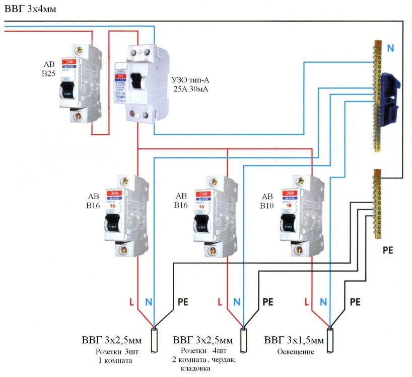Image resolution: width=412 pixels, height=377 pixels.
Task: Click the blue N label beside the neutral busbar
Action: coord(391,48)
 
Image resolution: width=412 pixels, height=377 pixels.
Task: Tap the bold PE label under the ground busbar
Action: coord(388,249)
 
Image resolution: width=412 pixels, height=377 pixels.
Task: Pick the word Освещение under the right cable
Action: coord(296,352)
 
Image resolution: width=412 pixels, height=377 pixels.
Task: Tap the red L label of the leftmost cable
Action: coord(131,302)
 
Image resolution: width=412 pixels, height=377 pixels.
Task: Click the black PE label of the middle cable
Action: coord(267,302)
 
